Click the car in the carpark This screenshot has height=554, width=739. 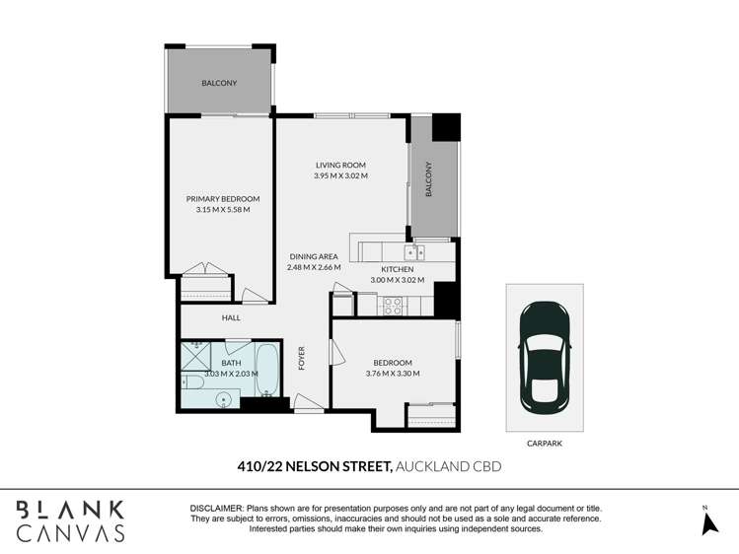pyautogui.click(x=545, y=357)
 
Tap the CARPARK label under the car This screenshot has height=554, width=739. pyautogui.click(x=544, y=444)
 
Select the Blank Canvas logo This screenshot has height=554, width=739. pyautogui.click(x=69, y=520)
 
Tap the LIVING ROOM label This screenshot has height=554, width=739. pyautogui.click(x=340, y=165)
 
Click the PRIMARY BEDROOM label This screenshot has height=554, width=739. pyautogui.click(x=223, y=198)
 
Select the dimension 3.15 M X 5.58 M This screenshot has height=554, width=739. pyautogui.click(x=223, y=209)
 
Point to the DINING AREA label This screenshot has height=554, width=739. pyautogui.click(x=314, y=256)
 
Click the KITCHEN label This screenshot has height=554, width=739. pyautogui.click(x=397, y=269)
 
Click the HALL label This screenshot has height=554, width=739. pyautogui.click(x=231, y=317)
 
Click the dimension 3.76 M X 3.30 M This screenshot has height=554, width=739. pyautogui.click(x=393, y=374)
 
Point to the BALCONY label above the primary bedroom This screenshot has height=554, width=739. pyautogui.click(x=219, y=83)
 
